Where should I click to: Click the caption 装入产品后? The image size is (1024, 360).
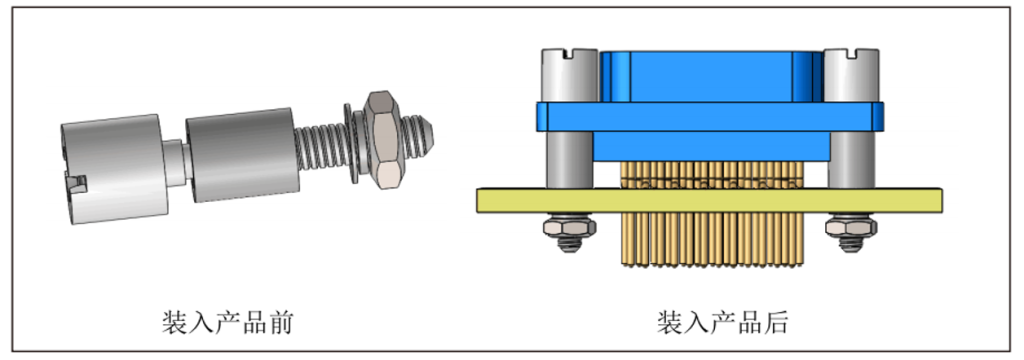(723, 323)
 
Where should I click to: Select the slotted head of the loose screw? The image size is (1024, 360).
(114, 170)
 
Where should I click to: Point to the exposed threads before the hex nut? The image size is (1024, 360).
(320, 152)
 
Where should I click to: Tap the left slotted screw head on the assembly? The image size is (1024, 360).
(569, 75)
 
